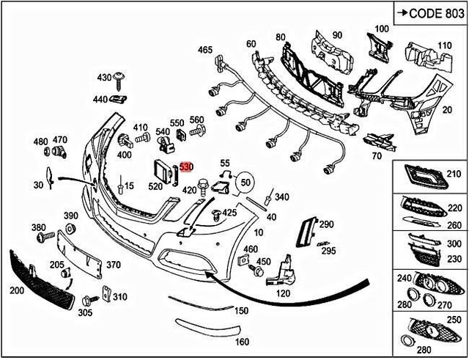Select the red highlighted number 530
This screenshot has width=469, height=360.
[x=186, y=168]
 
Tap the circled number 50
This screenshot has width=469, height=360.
[x=245, y=181]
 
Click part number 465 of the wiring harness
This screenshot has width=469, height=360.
[x=205, y=50]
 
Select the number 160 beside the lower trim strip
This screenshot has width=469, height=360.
[x=241, y=342]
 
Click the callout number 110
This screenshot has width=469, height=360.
[x=444, y=45]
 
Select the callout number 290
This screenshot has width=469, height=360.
[x=326, y=224]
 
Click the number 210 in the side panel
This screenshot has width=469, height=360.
[x=455, y=174]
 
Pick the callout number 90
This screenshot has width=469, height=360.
[x=337, y=35]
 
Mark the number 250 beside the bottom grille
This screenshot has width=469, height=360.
[x=455, y=320]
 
